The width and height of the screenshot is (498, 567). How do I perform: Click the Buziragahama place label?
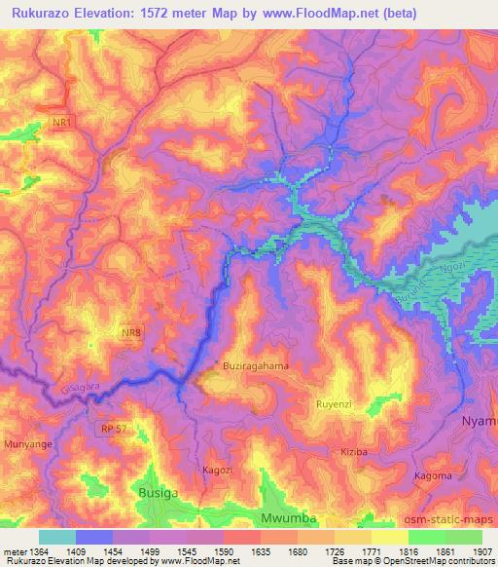click(x=256, y=365)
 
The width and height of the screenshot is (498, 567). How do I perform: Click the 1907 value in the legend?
click(x=480, y=551)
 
